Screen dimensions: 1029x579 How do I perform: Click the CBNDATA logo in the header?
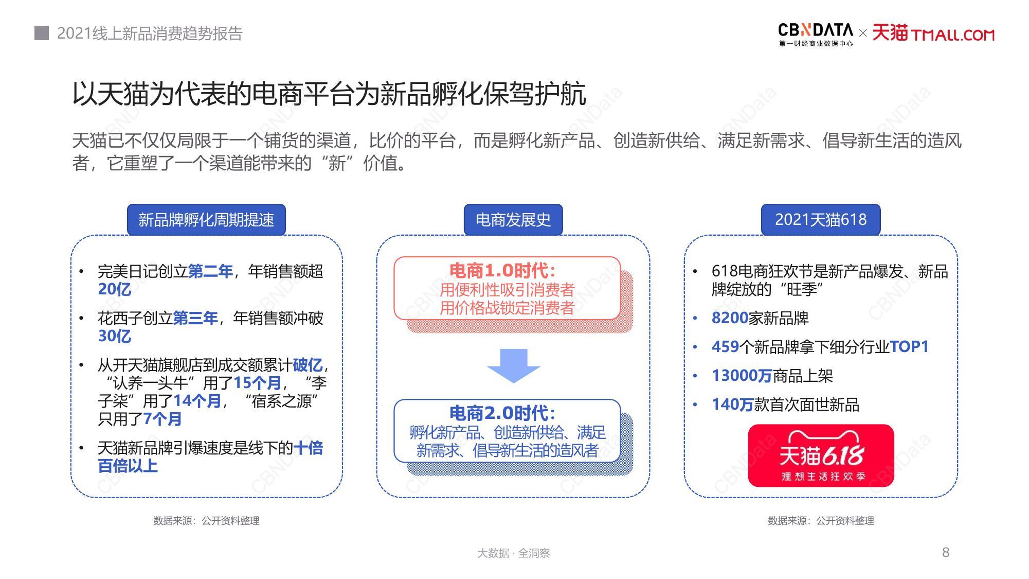pyautogui.click(x=816, y=34)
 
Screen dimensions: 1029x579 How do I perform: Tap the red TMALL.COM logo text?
pyautogui.click(x=953, y=35)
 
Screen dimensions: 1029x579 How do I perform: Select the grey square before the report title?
pyautogui.click(x=42, y=33)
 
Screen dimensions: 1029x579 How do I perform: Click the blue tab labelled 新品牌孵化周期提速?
pyautogui.click(x=206, y=220)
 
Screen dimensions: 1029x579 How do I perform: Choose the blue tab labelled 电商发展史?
pyautogui.click(x=513, y=220)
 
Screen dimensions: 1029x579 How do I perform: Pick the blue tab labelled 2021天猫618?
pyautogui.click(x=821, y=220)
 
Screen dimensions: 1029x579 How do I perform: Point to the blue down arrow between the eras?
pyautogui.click(x=513, y=366)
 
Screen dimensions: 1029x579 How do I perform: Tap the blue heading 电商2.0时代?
pyautogui.click(x=502, y=413)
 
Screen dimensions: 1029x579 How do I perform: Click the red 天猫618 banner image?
pyautogui.click(x=821, y=455)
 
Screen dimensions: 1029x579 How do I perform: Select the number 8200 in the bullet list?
pyautogui.click(x=730, y=318)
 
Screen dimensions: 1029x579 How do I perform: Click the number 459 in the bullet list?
pyautogui.click(x=725, y=347)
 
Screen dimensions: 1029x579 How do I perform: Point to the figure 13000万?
pyautogui.click(x=742, y=376)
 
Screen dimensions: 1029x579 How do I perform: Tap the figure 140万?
pyautogui.click(x=732, y=405)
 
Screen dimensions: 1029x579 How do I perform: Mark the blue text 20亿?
pyautogui.click(x=115, y=289)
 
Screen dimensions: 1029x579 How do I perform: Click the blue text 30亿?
pyautogui.click(x=115, y=336)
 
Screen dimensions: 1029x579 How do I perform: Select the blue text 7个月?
pyautogui.click(x=163, y=419)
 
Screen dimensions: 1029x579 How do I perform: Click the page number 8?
pyautogui.click(x=945, y=552)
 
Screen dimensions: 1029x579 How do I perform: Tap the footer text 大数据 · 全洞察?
pyautogui.click(x=513, y=553)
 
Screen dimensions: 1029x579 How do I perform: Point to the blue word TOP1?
pyautogui.click(x=909, y=347)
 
